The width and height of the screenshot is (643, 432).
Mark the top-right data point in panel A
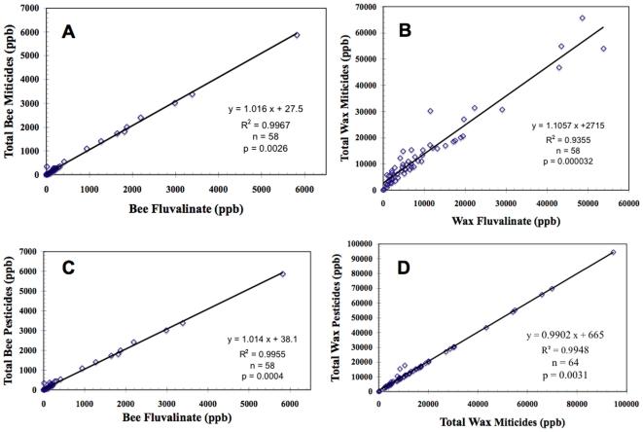point(297,35)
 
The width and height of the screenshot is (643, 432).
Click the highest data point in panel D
point(613,252)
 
